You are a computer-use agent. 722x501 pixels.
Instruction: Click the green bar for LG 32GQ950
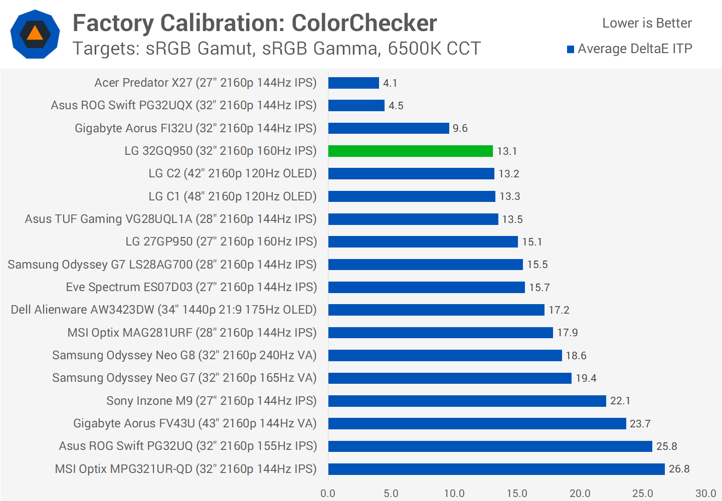click(410, 151)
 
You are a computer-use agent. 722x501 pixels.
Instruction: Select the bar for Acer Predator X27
click(353, 83)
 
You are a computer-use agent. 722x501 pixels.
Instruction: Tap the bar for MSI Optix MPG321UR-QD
click(496, 469)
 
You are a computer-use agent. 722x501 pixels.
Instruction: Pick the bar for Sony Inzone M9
click(467, 401)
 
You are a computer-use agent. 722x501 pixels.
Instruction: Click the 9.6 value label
click(460, 128)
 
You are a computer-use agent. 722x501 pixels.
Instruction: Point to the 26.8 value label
click(679, 469)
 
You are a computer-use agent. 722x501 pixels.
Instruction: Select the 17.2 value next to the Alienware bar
click(559, 310)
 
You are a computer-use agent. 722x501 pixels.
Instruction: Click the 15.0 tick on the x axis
click(516, 493)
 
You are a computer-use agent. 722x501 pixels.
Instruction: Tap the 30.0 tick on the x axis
click(705, 493)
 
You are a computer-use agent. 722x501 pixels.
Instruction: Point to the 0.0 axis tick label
click(328, 493)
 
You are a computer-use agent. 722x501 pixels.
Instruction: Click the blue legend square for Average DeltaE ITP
click(571, 49)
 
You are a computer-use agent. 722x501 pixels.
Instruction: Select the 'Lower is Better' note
click(647, 23)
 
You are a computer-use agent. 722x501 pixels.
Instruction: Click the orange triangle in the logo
click(35, 34)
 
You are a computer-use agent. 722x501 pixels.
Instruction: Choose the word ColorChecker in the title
click(364, 23)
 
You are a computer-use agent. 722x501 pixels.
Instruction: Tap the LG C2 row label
click(232, 173)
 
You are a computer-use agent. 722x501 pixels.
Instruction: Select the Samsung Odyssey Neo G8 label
click(184, 355)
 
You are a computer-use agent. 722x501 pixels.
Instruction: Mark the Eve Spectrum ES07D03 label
click(191, 287)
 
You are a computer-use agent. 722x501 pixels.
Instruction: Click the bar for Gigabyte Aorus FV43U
click(477, 423)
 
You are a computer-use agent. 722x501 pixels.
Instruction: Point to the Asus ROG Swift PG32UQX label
click(184, 105)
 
